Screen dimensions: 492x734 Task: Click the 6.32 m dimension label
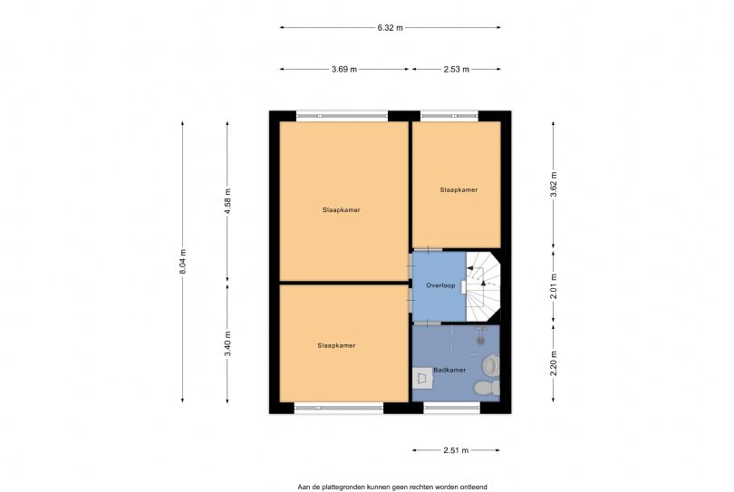coord(390,27)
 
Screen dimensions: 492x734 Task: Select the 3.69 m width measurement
coord(345,69)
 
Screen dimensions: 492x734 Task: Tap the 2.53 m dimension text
coord(456,69)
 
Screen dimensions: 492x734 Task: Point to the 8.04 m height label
coord(183,262)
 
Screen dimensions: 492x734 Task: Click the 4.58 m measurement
coord(227,199)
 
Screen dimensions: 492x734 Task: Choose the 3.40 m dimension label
coord(227,342)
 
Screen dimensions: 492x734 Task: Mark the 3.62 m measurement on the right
coord(554,184)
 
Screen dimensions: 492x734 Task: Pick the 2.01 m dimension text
coord(554,285)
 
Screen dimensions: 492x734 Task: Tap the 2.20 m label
coord(554,362)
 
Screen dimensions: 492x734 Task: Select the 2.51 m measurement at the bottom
coord(456,449)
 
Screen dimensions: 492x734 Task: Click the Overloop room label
coord(440,285)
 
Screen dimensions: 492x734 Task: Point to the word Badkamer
coord(449,370)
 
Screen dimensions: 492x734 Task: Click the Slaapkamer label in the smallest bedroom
coord(458,189)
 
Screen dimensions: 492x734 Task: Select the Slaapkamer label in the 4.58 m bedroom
coord(342,209)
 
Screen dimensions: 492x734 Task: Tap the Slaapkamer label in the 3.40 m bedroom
coord(336,345)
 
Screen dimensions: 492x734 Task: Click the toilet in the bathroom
coord(488,388)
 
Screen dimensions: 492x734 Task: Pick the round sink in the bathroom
coord(489,365)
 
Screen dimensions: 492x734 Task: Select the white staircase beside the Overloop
coord(484,285)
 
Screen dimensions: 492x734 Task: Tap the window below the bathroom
coord(450,409)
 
